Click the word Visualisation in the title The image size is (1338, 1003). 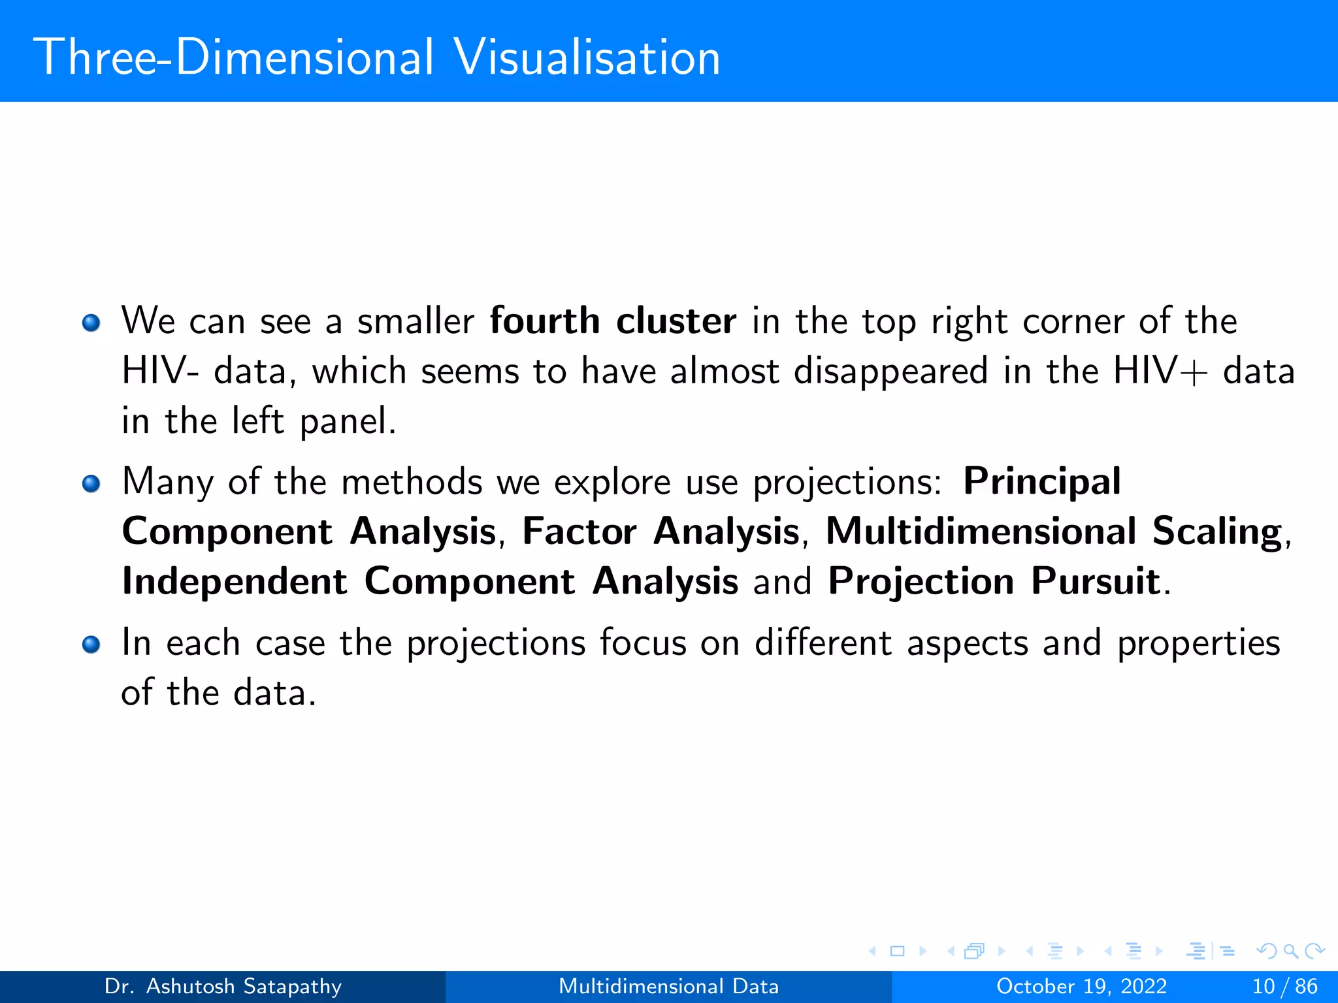click(587, 57)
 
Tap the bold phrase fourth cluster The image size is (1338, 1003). click(613, 321)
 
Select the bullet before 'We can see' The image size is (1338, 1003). click(91, 323)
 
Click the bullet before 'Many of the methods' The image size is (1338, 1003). click(91, 484)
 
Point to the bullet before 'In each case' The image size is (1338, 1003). click(91, 645)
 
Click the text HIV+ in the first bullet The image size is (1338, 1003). click(1160, 371)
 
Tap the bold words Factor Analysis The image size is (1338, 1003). click(661, 531)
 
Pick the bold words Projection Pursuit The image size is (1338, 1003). click(994, 581)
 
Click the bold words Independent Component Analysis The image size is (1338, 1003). click(430, 581)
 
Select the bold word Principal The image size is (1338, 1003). click(1042, 482)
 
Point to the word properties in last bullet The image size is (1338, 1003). click(1198, 644)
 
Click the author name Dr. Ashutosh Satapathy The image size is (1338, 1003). click(223, 986)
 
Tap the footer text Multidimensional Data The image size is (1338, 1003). click(668, 986)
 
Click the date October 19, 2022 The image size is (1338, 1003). click(1081, 986)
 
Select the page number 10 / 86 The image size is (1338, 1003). click(1284, 986)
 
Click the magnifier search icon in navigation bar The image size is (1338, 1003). click(1290, 951)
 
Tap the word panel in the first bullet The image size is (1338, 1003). click(348, 421)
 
